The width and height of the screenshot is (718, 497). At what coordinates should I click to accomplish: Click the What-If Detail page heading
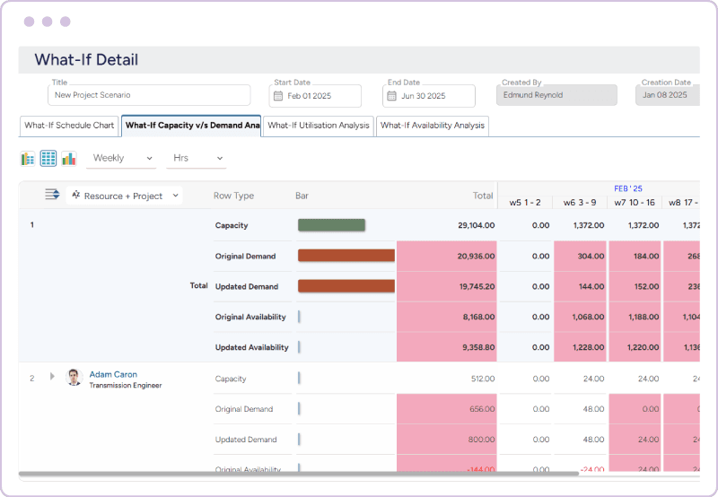(x=86, y=60)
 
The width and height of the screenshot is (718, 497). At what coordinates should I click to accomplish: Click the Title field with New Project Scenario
(x=149, y=95)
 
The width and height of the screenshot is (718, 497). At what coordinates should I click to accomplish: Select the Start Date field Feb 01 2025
(x=315, y=96)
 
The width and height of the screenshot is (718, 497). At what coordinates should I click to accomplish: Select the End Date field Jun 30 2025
(x=429, y=96)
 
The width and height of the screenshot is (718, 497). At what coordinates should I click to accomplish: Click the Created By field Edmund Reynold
(x=556, y=95)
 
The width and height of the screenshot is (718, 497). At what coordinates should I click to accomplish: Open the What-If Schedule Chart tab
(x=69, y=126)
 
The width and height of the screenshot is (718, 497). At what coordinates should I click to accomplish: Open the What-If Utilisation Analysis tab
(x=319, y=126)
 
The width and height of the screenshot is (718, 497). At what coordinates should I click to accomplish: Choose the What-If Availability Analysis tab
(x=433, y=126)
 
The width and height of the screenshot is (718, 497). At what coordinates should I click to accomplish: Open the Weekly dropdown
(x=122, y=159)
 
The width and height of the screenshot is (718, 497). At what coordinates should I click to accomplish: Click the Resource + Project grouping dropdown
(x=125, y=196)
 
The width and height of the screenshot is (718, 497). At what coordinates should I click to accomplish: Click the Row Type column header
(x=233, y=196)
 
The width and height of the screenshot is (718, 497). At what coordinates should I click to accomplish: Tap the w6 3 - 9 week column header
(x=580, y=202)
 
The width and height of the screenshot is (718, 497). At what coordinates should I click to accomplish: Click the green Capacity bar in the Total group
(x=331, y=225)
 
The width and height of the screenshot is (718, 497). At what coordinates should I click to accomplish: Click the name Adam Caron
(x=113, y=374)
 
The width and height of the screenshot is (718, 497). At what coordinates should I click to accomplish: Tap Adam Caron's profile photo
(x=74, y=378)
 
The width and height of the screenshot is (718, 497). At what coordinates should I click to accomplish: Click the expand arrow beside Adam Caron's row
(x=52, y=378)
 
